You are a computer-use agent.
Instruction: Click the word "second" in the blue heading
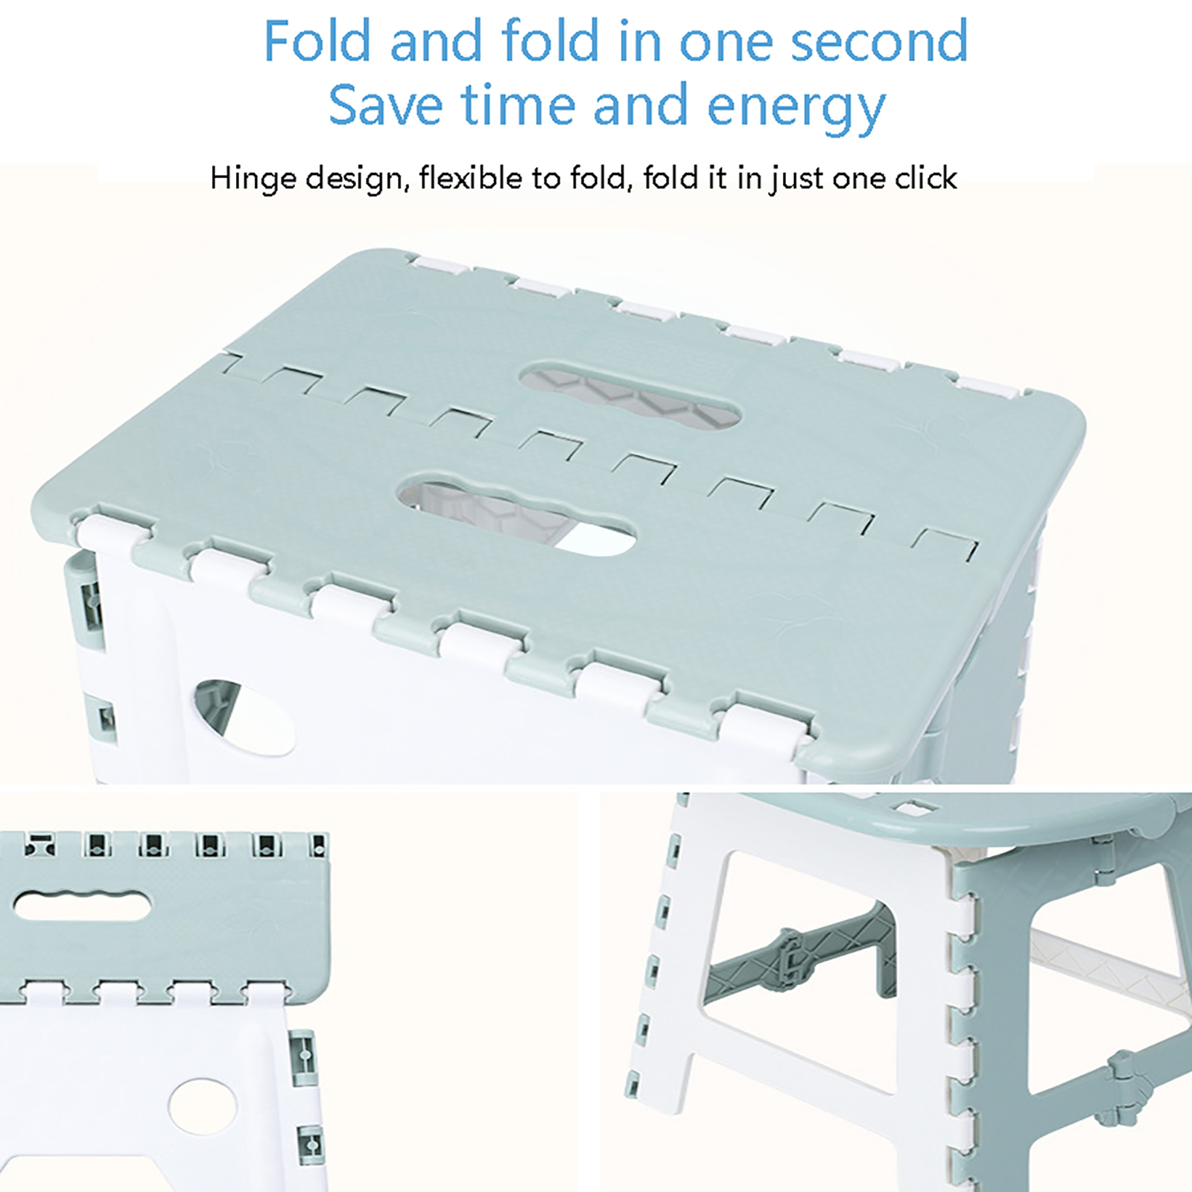tap(879, 42)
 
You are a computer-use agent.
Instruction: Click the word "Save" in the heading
tap(387, 105)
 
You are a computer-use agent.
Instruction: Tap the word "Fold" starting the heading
tap(317, 41)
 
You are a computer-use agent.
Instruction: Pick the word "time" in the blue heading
tap(518, 105)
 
